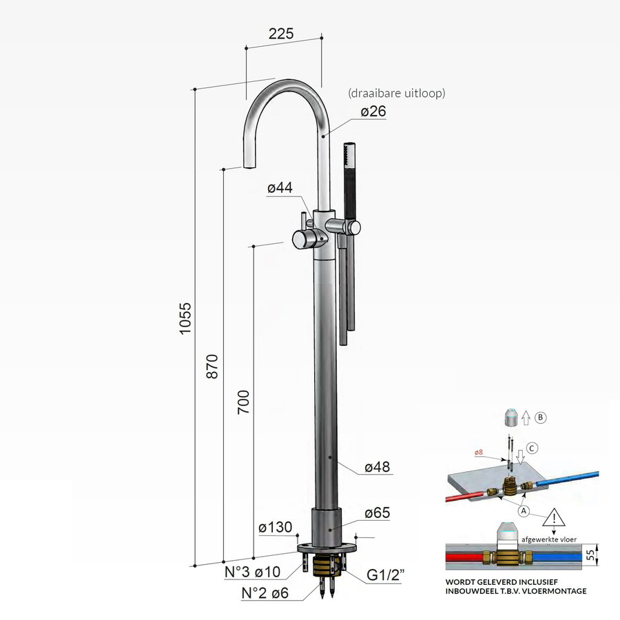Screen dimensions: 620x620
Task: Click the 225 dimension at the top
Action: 281,33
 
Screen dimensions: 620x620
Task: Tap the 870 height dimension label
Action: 212,366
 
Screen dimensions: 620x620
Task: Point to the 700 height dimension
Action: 243,402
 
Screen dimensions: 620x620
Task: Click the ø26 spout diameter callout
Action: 372,112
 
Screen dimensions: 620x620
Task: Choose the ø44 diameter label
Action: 281,187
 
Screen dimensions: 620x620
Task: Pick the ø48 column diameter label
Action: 378,467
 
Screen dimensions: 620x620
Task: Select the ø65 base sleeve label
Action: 378,513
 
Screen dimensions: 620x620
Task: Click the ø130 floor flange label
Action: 276,528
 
